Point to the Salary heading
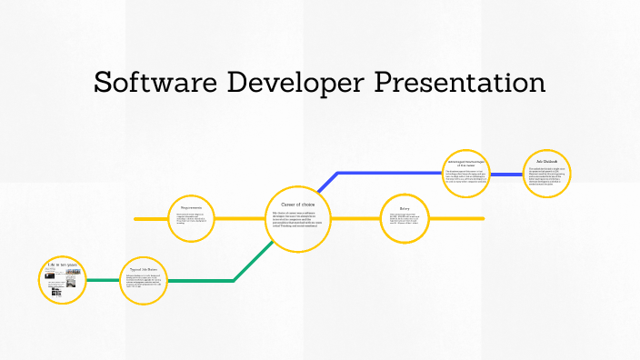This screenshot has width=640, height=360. [405, 207]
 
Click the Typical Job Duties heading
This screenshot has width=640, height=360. [144, 269]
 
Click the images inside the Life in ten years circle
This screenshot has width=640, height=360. [61, 284]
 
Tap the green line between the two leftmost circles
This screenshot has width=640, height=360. [103, 281]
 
